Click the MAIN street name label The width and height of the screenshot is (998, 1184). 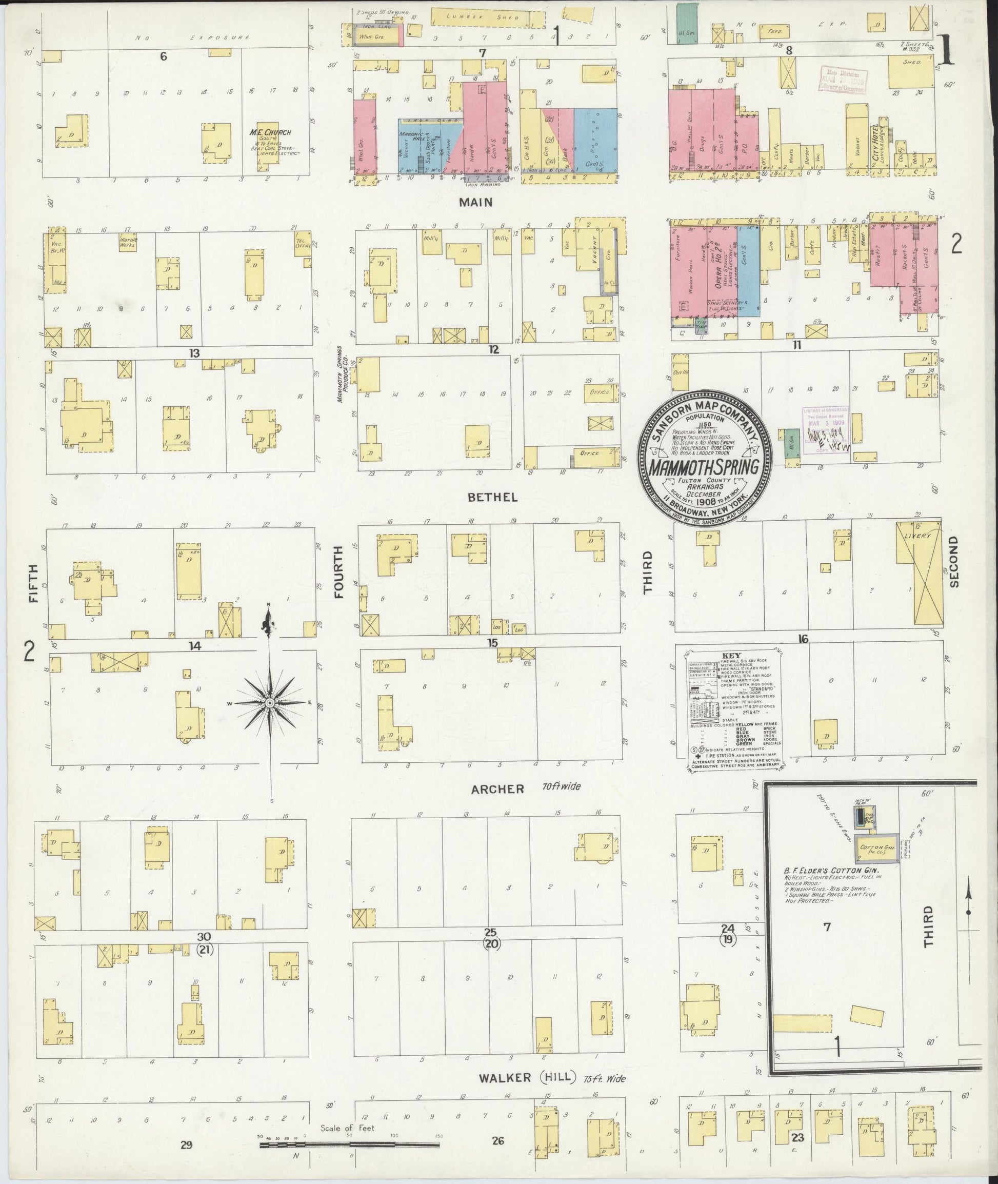[476, 202]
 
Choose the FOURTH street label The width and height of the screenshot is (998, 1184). [339, 571]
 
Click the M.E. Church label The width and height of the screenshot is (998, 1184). [270, 132]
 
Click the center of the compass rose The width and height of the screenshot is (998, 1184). [269, 702]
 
